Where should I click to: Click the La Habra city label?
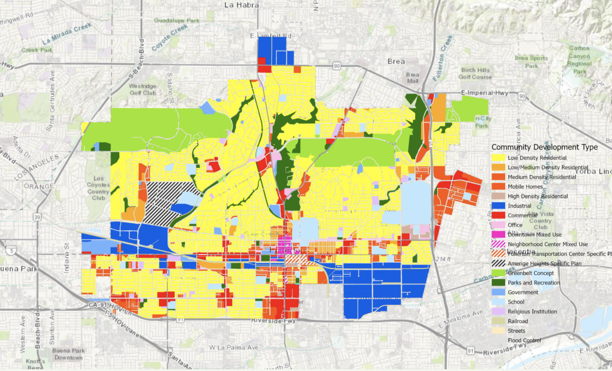tap(241, 5)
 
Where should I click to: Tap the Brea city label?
tap(396, 61)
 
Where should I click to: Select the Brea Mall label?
tap(412, 78)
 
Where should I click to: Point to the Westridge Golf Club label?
tap(143, 90)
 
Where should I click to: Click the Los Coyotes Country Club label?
tap(98, 188)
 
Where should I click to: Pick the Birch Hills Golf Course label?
tap(475, 74)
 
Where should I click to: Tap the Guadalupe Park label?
tap(176, 20)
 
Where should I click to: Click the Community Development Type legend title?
tap(544, 147)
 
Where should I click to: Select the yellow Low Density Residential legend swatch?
tap(498, 158)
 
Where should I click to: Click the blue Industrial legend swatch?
tap(498, 206)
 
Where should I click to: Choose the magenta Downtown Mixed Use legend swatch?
tap(498, 235)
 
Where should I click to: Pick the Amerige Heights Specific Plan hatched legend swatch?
tap(498, 263)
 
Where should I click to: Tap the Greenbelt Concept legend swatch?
tap(498, 273)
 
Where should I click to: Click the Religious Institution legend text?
tap(532, 311)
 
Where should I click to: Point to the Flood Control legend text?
tap(524, 340)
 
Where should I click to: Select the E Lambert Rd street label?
tap(271, 36)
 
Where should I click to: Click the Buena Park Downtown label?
tap(68, 354)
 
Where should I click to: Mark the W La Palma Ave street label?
tap(234, 348)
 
